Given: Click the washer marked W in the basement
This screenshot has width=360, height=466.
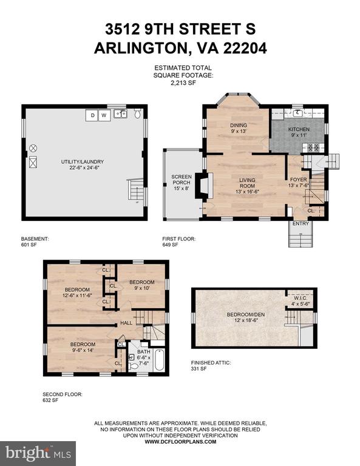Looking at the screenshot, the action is (x=104, y=115).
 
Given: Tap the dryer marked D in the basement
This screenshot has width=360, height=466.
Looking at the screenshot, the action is (x=92, y=115).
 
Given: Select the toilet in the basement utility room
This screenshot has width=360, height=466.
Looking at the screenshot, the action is (x=137, y=114).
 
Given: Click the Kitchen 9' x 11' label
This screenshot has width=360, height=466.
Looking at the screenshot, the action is (x=299, y=132).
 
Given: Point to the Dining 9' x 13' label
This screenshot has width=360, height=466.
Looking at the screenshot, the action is (x=239, y=128).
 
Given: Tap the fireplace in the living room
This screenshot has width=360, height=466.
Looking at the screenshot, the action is (x=204, y=186).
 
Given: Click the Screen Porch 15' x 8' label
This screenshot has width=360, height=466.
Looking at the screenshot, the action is (x=182, y=182).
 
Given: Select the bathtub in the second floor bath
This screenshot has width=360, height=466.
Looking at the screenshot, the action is (x=160, y=360).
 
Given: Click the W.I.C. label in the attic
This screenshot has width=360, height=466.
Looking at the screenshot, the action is (x=301, y=301).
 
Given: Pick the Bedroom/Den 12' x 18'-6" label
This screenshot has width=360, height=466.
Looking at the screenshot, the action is (x=245, y=317).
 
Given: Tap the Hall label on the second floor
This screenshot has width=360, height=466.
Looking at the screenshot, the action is (x=126, y=323).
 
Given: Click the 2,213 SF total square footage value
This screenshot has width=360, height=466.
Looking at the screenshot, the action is (x=183, y=83).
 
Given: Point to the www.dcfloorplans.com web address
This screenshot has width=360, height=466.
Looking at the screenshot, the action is (x=180, y=442).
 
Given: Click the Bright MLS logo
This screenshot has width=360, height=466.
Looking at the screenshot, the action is (x=38, y=453).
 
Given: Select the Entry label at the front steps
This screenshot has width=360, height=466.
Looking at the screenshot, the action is (x=301, y=223).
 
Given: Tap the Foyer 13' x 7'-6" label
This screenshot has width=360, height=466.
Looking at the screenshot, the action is (x=299, y=183).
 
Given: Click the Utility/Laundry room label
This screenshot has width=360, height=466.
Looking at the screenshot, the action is (x=83, y=164).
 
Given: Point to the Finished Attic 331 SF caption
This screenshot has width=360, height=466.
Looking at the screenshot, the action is (x=211, y=365).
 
